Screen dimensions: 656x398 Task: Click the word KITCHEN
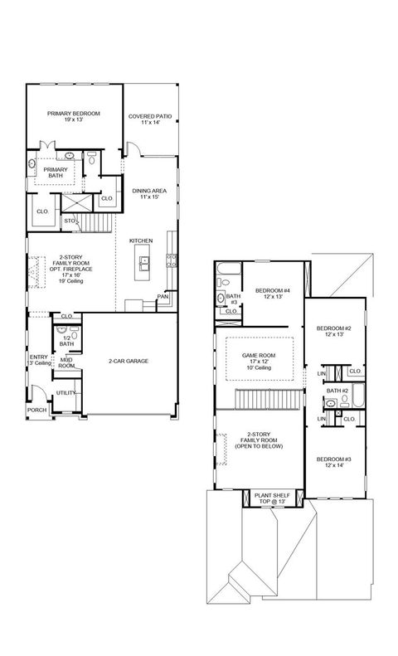point(140,241)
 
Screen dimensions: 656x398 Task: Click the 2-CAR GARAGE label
point(129,362)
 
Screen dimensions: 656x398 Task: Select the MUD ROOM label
point(66,362)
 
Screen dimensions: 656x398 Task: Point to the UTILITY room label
point(66,392)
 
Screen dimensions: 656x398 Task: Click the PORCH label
point(36,410)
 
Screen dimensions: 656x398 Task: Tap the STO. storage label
point(70,221)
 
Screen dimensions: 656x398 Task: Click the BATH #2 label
point(336,391)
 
